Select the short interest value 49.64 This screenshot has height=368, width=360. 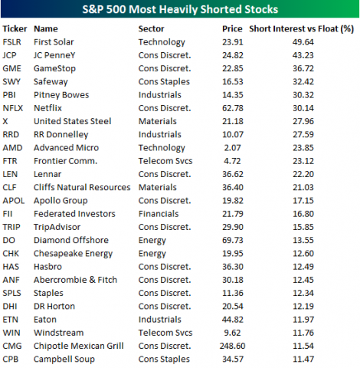[326, 42]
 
